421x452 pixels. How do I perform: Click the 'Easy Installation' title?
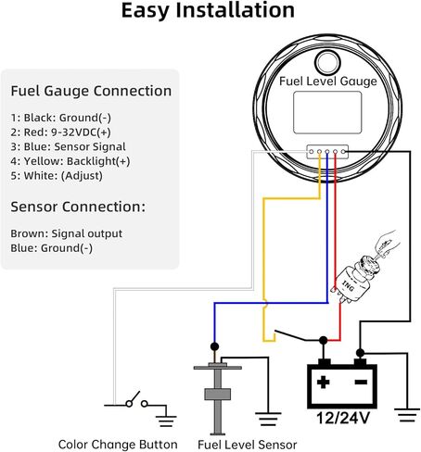tap(209, 12)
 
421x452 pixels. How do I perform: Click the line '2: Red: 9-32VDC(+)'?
tap(58, 132)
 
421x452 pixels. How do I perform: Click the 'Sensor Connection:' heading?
tap(77, 207)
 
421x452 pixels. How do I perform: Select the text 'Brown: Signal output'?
tap(66, 232)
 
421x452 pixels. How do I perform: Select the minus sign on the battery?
tap(361, 381)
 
